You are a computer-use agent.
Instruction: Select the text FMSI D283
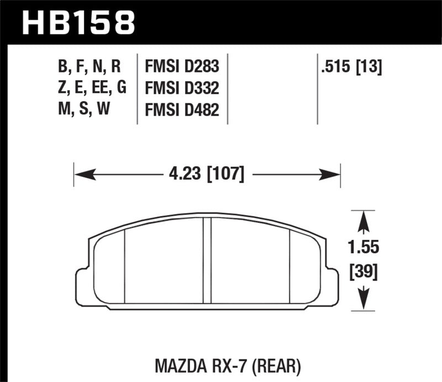[x=182, y=67]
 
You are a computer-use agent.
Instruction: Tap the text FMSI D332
[x=182, y=88]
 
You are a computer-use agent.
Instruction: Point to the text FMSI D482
[x=182, y=110]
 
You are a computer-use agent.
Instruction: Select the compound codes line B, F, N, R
[x=88, y=67]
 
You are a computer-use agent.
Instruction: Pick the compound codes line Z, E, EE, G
[x=92, y=88]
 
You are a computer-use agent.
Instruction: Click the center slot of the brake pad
[x=207, y=260]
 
